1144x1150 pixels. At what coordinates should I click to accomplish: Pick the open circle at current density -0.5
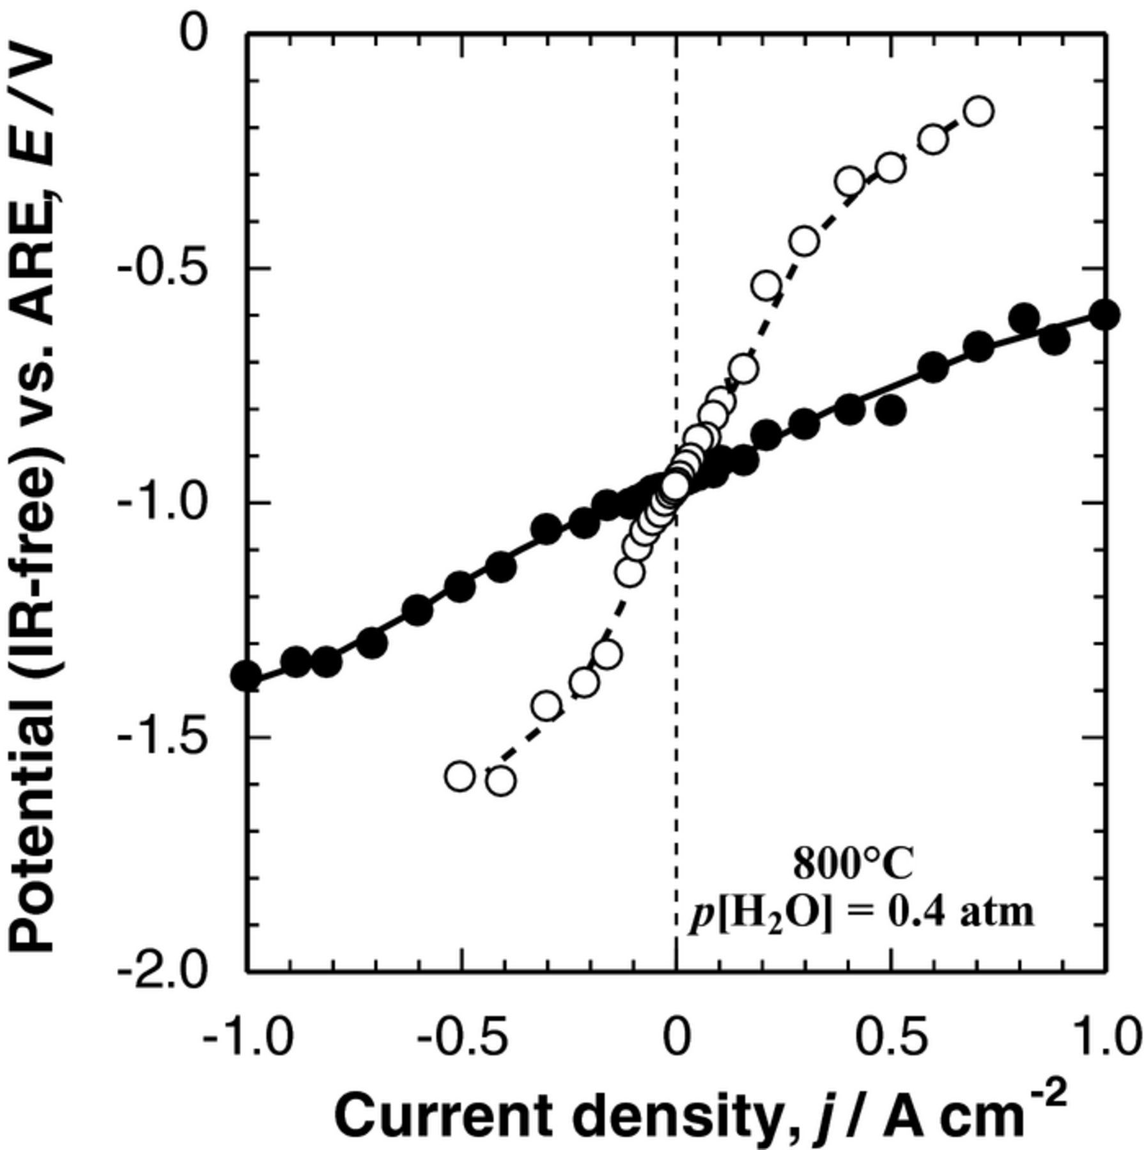(460, 776)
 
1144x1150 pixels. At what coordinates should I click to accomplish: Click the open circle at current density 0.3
(804, 241)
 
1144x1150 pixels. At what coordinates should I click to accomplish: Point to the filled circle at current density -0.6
(418, 611)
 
